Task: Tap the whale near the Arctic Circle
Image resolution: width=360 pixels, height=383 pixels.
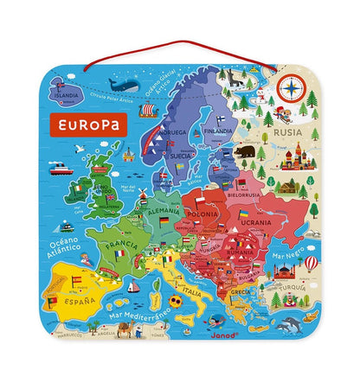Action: (x=124, y=85)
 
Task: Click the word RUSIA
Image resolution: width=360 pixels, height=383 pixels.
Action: (x=287, y=133)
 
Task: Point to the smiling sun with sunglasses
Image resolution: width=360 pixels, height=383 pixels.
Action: (x=176, y=301)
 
